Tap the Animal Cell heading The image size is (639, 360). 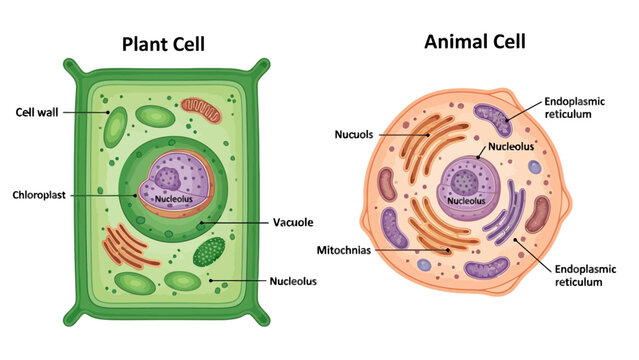[x=474, y=42]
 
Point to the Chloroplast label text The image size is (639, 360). [x=40, y=194]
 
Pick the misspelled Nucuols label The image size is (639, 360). [x=355, y=133]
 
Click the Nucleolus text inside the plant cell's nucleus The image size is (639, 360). [x=175, y=199]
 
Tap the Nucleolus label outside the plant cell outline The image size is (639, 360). [x=293, y=281]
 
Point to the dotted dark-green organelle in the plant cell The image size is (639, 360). [x=209, y=251]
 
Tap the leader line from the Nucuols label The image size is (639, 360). [x=405, y=133]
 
